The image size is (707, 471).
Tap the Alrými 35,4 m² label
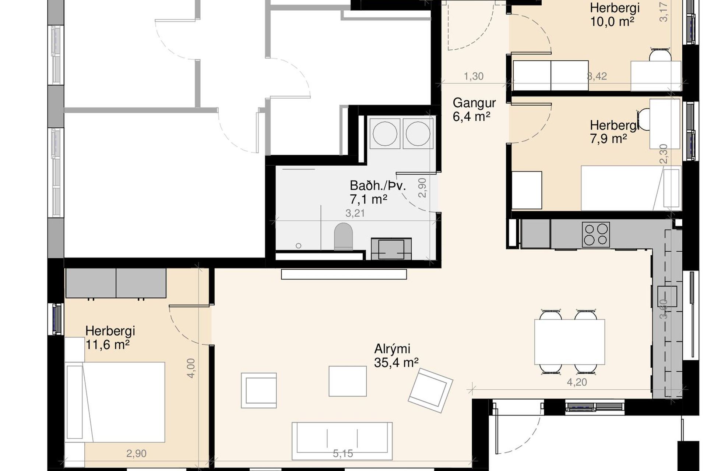click(396, 355)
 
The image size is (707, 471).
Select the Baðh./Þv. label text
click(378, 186)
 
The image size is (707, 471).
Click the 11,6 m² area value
click(108, 345)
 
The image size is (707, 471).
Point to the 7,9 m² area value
click(608, 139)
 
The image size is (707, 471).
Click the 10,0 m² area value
click(612, 22)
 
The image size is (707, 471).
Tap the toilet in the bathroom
click(344, 236)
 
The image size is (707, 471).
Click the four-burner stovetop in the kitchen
click(596, 234)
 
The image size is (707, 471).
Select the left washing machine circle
click(385, 133)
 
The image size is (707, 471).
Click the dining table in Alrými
click(569, 342)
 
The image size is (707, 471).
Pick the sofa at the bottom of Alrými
click(342, 441)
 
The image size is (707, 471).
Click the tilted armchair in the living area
click(430, 392)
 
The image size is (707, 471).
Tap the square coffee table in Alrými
click(348, 381)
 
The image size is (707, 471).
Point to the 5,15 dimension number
click(343, 454)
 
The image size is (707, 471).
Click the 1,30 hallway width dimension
click(474, 76)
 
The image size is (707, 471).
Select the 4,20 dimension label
click(577, 382)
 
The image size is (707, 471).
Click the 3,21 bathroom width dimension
click(355, 213)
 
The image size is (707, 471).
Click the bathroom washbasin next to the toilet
click(391, 249)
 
